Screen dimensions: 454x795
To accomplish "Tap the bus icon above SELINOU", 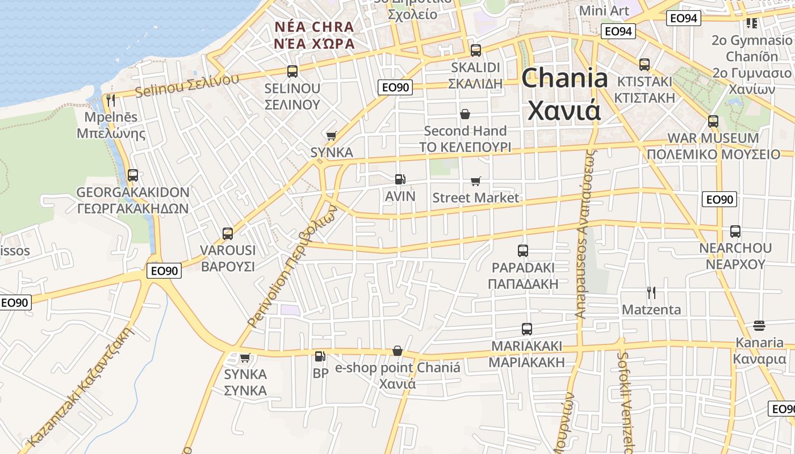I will click(x=292, y=72).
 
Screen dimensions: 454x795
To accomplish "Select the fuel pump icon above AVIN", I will click(x=400, y=179).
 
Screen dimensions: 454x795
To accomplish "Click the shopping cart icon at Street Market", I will click(x=475, y=181).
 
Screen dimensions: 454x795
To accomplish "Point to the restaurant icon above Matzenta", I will click(x=651, y=293).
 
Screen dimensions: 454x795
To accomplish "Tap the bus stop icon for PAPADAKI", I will click(x=523, y=250).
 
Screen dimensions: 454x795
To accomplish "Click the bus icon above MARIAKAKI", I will click(x=527, y=329).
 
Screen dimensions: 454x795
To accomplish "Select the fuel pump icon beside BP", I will click(x=320, y=356).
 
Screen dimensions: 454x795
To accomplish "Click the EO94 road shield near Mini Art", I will click(x=618, y=32).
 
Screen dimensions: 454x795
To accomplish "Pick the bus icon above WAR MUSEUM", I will click(x=713, y=121).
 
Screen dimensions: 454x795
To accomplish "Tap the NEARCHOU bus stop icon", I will click(x=735, y=231).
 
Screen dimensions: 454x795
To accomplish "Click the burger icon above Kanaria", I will click(x=759, y=326).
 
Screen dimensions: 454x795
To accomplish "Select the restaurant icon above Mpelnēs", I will click(x=111, y=100).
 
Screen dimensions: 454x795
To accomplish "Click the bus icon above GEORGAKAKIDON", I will click(x=133, y=175).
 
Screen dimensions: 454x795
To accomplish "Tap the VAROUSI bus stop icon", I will click(x=228, y=233).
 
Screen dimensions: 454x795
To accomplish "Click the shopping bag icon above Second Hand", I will click(x=465, y=114).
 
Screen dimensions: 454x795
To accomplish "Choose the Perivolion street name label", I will click(x=293, y=267).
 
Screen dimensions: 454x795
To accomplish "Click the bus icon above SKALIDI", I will click(x=476, y=50).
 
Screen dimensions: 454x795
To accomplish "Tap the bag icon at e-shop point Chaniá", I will click(x=397, y=351).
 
